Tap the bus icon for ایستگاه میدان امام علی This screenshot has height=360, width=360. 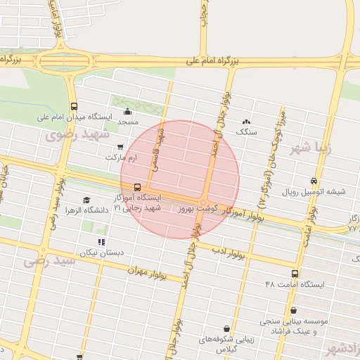coord(75,106)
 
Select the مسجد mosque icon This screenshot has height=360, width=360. coord(127,111)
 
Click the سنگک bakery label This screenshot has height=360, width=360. coord(247,131)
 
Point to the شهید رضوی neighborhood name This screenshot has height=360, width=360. coord(79,134)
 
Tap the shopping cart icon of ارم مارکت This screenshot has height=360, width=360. coord(120,147)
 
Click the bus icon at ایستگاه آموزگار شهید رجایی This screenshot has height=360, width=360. coord(136,188)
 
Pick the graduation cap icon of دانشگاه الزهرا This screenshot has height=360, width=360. coord(86,200)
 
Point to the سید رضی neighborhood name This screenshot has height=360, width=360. coord(49,260)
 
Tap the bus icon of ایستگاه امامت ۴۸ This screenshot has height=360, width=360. coord(295,274)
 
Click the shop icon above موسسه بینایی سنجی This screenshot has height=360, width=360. coord(293,310)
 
